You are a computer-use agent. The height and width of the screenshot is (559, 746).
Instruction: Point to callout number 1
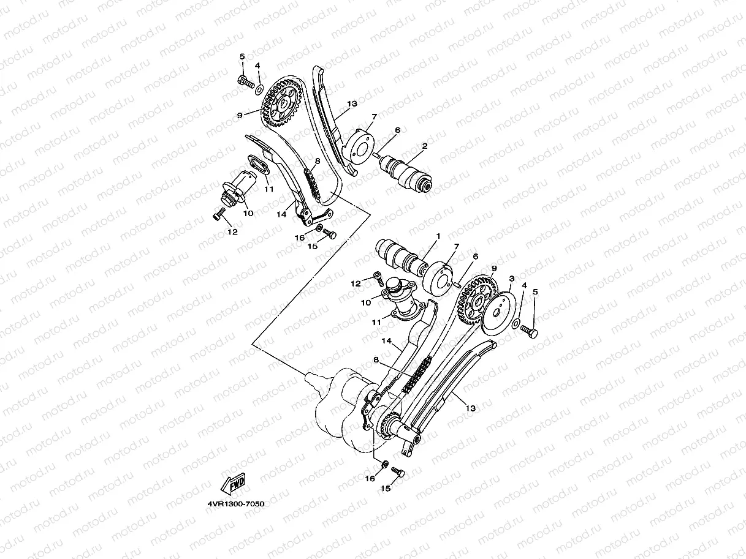pyautogui.click(x=438, y=236)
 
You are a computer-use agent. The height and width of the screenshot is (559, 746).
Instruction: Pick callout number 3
pyautogui.click(x=511, y=279)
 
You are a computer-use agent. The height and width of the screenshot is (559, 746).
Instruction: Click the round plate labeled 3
pyautogui.click(x=498, y=314)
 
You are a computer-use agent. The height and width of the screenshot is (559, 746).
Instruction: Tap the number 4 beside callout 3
pyautogui.click(x=523, y=285)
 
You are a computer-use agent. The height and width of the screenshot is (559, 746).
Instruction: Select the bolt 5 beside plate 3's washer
pyautogui.click(x=529, y=331)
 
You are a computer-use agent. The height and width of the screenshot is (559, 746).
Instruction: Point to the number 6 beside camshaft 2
pyautogui.click(x=397, y=130)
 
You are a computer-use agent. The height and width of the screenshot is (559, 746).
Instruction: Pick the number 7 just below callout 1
pyautogui.click(x=456, y=246)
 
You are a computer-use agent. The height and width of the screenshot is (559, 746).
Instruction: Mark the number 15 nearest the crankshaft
pyautogui.click(x=386, y=489)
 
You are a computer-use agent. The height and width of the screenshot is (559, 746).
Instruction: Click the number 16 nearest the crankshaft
pyautogui.click(x=370, y=479)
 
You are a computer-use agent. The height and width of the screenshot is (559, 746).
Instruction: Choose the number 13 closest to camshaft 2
pyautogui.click(x=351, y=104)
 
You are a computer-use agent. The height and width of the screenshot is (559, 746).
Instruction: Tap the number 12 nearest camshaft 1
pyautogui.click(x=356, y=283)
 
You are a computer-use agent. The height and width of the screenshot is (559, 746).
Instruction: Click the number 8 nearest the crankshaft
pyautogui.click(x=376, y=361)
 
